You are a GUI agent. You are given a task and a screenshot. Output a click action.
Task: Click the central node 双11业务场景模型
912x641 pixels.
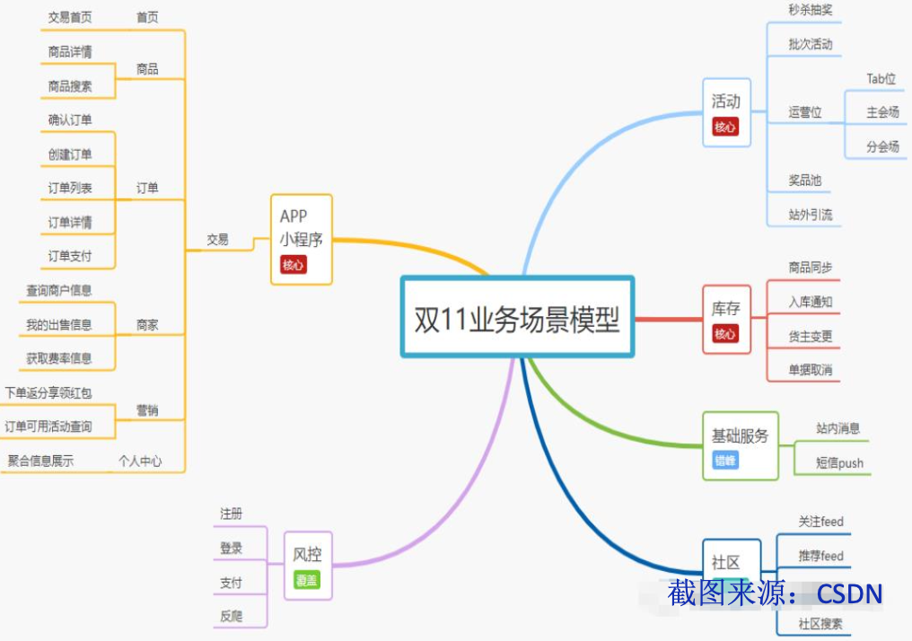(517, 318)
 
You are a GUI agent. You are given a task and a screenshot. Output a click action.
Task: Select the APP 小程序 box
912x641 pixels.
(302, 239)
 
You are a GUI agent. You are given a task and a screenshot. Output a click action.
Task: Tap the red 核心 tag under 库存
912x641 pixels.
(725, 334)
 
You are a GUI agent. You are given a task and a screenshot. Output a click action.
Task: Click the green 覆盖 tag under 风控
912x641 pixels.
(307, 580)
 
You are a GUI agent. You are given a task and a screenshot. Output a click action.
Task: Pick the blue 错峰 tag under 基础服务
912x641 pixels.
(725, 461)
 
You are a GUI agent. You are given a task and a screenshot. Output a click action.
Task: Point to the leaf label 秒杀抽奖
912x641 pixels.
(811, 10)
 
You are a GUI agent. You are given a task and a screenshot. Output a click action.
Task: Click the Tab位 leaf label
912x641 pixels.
(881, 79)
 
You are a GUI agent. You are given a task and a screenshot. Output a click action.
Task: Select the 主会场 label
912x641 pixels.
(882, 112)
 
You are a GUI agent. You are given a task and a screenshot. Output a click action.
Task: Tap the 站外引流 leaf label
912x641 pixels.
(811, 215)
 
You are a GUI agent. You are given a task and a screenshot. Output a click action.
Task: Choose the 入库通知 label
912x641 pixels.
(811, 302)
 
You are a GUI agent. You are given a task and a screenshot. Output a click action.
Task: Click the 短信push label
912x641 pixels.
(839, 463)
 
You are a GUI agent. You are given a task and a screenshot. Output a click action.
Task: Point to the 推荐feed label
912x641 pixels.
(820, 556)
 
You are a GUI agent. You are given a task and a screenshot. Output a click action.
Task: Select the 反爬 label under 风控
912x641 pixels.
(231, 617)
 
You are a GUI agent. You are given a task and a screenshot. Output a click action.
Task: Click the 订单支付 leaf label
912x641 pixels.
(70, 256)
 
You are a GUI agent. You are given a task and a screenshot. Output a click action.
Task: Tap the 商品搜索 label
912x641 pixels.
(70, 86)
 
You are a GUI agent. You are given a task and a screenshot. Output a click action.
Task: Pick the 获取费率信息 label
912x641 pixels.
(59, 358)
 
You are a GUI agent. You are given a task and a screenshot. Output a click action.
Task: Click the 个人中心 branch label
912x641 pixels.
(140, 461)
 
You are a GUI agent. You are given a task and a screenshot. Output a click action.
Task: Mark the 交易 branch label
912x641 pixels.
(217, 240)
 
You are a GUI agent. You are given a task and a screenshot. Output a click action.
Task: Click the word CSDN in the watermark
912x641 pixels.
(849, 593)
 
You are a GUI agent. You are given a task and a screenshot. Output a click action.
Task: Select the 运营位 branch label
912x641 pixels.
(805, 112)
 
